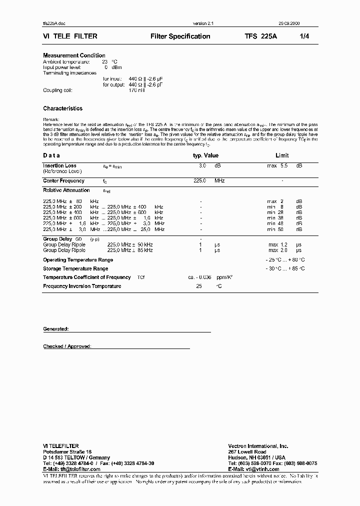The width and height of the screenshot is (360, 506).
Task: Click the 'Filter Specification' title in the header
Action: [x=180, y=36]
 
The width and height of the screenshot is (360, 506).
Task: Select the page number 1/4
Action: [x=304, y=36]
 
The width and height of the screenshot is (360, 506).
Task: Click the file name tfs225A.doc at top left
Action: [x=54, y=24]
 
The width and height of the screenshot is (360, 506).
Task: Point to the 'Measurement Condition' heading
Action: [x=74, y=55]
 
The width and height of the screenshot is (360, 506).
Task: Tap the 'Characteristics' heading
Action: [x=62, y=108]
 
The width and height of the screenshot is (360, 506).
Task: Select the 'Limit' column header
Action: [x=282, y=155]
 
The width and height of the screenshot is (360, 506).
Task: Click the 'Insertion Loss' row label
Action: [x=59, y=165]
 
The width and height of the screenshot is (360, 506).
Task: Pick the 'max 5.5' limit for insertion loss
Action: [x=277, y=165]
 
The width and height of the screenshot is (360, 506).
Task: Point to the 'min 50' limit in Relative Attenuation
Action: [x=275, y=229]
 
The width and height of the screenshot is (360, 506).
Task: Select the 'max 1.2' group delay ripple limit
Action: [x=277, y=244]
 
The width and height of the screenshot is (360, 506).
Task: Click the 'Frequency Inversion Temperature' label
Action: [x=82, y=286]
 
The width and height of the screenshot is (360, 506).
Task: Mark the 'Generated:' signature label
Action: [x=55, y=329]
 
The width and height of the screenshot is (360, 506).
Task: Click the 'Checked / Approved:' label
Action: [x=67, y=346]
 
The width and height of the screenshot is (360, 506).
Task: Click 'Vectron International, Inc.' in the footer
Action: [x=258, y=445]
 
